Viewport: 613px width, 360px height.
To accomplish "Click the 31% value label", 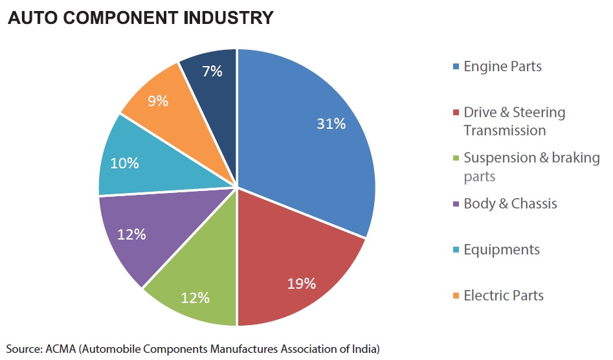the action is (331, 124).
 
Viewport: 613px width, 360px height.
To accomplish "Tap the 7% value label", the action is (212, 71).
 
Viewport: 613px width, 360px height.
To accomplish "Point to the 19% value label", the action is (302, 284).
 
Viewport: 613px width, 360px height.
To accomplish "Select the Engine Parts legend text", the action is (502, 67).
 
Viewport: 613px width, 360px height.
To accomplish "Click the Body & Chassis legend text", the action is (510, 204).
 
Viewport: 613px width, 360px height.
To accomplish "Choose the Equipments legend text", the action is (502, 250).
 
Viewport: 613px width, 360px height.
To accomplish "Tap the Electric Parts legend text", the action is (504, 295).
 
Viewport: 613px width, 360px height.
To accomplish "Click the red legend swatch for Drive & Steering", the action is (456, 113).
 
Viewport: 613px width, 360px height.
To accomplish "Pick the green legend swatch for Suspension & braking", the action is (456, 158).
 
